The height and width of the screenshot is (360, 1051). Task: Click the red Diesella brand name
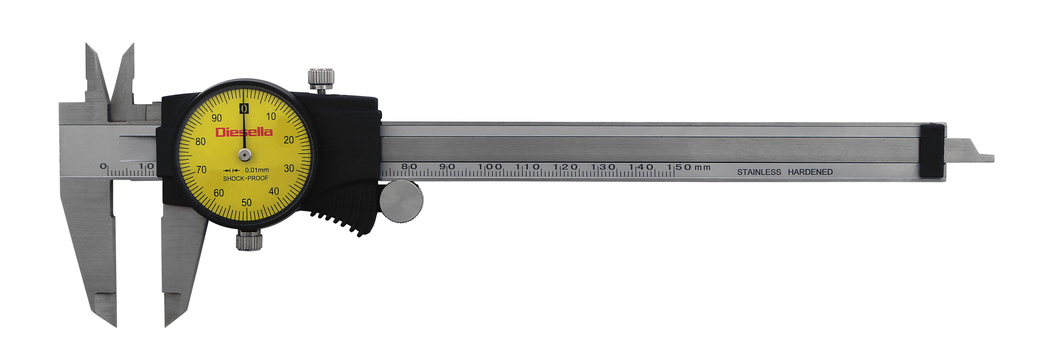pos(244,132)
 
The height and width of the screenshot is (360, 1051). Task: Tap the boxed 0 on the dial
pos(244,108)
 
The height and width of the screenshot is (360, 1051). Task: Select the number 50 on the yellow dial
pos(246,202)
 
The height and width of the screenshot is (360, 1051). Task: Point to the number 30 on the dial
pos(289,168)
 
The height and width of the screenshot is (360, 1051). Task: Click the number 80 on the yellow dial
pos(200,142)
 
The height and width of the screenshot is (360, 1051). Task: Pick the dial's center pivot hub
pos(245,155)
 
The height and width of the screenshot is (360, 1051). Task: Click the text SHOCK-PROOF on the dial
pos(246,178)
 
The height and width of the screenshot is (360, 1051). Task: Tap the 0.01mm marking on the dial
pos(257,170)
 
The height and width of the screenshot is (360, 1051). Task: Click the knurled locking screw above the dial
pos(321,79)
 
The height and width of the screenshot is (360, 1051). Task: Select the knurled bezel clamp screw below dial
pos(249,241)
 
